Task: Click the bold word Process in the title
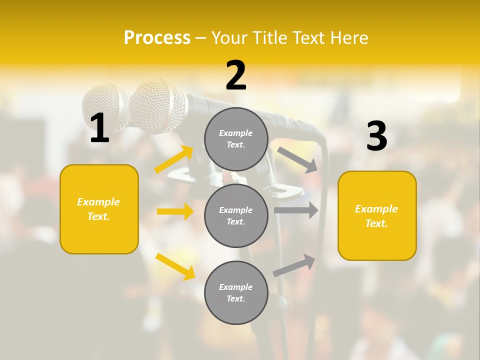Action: pos(157,37)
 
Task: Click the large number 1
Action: pos(99,128)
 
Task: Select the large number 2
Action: pos(236,75)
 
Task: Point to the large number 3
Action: pos(376,136)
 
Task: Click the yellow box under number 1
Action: pos(99,209)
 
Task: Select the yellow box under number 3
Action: pos(377,215)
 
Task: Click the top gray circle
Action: pos(236,139)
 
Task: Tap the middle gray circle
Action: pos(236,215)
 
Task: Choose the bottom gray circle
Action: pos(236,292)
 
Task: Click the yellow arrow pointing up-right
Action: pos(174,159)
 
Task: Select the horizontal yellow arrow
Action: pos(175,211)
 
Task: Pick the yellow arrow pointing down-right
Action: pos(175,266)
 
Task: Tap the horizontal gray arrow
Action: pos(296,210)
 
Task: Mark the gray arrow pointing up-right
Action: pos(294,265)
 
